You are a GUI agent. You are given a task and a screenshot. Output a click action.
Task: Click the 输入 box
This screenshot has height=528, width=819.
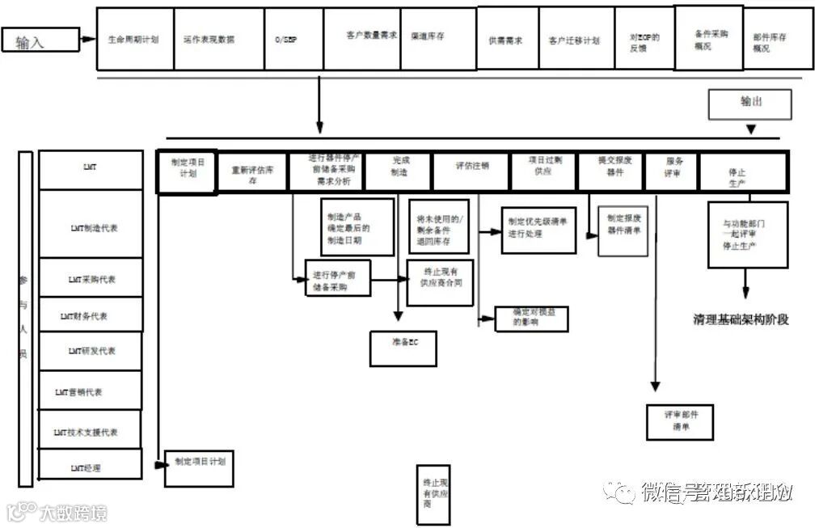click(40, 40)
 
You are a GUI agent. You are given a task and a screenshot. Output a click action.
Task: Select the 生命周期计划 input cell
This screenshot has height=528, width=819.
click(134, 39)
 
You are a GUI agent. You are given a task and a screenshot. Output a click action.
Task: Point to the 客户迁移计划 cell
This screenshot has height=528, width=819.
click(574, 40)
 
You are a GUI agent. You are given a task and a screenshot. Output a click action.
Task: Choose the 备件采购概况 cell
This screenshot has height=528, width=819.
click(708, 40)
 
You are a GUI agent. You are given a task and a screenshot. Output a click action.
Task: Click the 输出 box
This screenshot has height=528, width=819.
click(749, 103)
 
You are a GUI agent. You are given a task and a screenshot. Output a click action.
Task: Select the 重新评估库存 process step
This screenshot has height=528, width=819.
click(252, 174)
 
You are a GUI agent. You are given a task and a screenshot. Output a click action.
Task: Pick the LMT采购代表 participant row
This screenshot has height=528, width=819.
click(91, 279)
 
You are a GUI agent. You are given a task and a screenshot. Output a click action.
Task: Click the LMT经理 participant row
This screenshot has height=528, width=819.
click(90, 467)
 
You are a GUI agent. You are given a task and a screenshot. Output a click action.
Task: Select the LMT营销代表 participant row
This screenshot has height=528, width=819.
click(90, 392)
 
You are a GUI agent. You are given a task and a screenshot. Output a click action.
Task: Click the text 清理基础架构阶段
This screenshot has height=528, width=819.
click(741, 319)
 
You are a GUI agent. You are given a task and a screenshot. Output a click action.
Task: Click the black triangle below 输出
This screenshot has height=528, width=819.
click(751, 129)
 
